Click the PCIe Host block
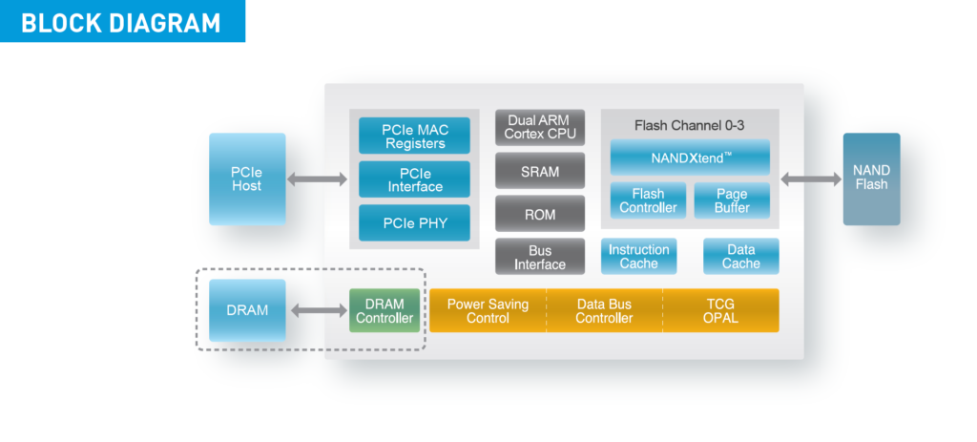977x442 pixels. tap(247, 179)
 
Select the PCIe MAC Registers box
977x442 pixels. tap(414, 136)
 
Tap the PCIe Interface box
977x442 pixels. tap(414, 179)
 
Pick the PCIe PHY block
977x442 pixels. tap(414, 222)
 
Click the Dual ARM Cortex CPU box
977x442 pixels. tap(540, 128)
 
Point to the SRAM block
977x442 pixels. tap(540, 170)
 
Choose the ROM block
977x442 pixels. tap(540, 213)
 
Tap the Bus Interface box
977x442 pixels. tap(540, 256)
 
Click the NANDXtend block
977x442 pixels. tap(690, 158)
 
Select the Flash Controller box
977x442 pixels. tap(648, 200)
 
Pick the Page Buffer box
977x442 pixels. tap(732, 200)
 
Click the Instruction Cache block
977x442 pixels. tap(638, 256)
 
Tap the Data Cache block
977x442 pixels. tap(740, 256)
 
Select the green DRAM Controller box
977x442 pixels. tap(385, 310)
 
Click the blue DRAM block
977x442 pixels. tap(247, 310)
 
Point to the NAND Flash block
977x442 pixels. tap(872, 179)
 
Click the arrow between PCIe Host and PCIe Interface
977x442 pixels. tap(317, 179)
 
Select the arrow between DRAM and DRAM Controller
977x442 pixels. tap(319, 310)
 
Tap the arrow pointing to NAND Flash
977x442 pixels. tap(811, 179)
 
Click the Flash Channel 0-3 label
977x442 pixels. tap(689, 125)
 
